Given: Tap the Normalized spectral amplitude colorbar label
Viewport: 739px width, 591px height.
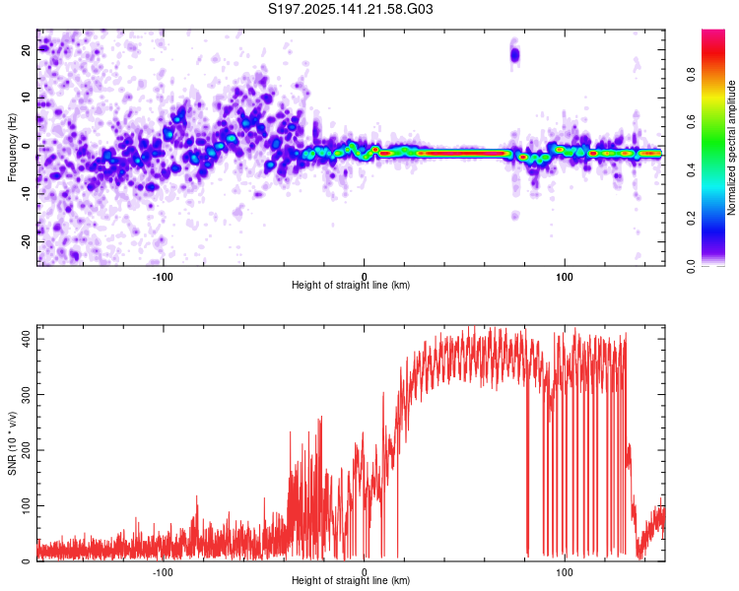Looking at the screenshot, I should pos(732,148).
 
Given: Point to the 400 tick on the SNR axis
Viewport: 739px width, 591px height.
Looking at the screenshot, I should pos(25,338).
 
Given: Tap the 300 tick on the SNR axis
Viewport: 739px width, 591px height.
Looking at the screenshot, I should pos(25,394).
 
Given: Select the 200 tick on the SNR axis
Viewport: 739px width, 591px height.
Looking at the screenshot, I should pos(25,449).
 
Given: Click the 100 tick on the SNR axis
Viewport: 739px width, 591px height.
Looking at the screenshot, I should pos(25,505).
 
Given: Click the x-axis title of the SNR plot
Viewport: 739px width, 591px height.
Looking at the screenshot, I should pos(351,581).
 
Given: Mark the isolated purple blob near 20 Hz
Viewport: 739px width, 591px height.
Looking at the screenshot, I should pos(514,55).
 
